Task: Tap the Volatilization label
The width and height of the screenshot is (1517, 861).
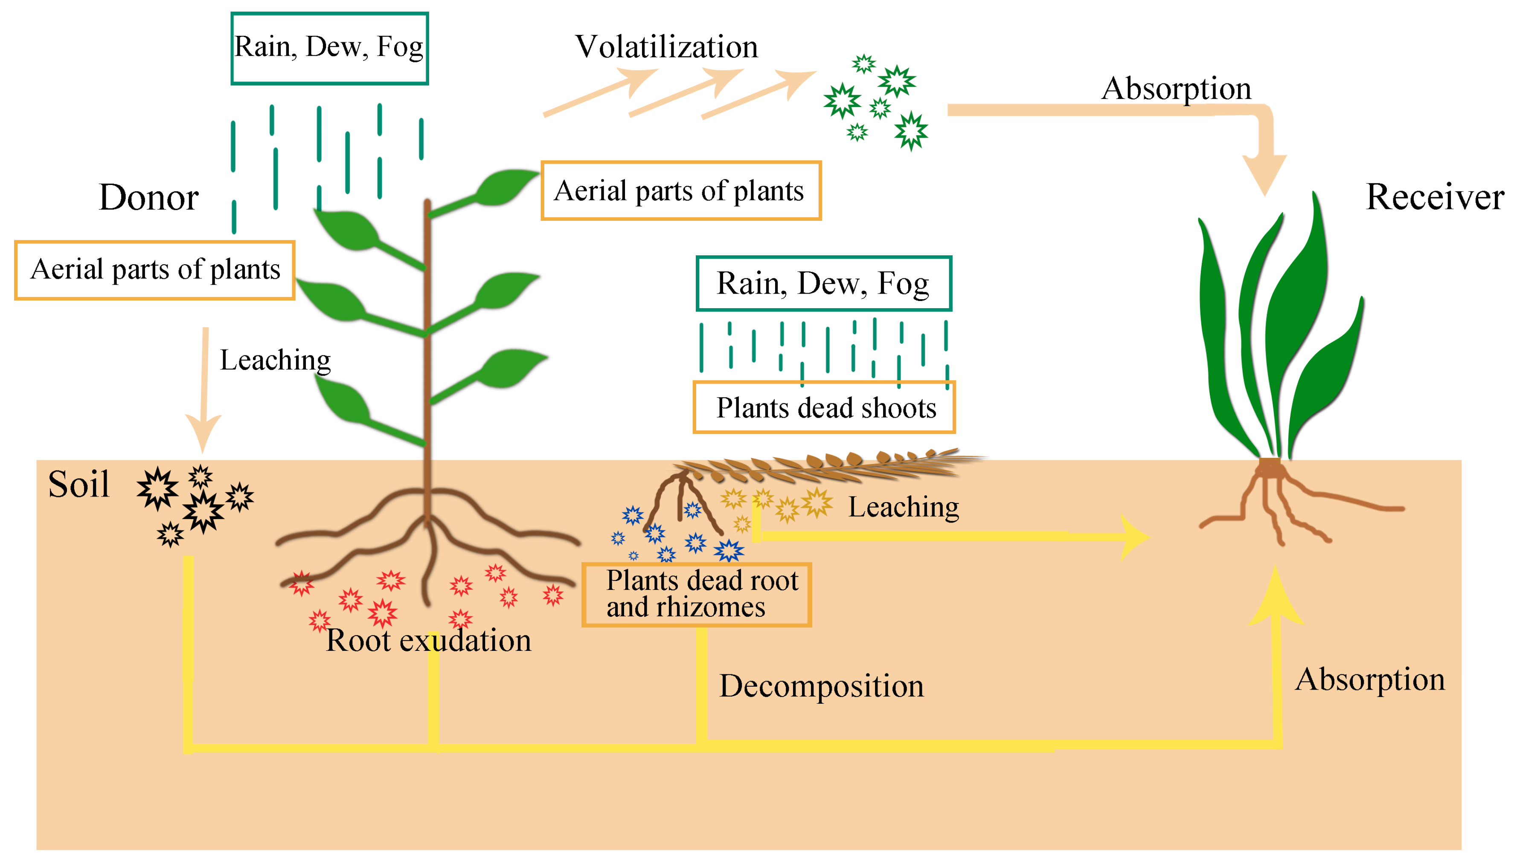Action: click(666, 47)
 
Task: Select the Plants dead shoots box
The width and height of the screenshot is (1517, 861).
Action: click(824, 407)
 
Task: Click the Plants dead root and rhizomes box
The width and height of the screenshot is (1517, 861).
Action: click(696, 594)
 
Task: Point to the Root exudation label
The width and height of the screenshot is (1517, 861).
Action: click(428, 641)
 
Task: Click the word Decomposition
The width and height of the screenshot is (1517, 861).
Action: click(821, 686)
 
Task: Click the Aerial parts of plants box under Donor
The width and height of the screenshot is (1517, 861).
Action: click(154, 270)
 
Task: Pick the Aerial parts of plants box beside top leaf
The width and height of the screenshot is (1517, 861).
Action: click(680, 191)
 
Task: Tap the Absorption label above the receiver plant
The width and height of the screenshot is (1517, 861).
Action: click(1176, 89)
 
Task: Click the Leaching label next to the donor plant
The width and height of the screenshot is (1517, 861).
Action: click(275, 360)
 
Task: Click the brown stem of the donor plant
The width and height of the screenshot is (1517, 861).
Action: click(427, 355)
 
